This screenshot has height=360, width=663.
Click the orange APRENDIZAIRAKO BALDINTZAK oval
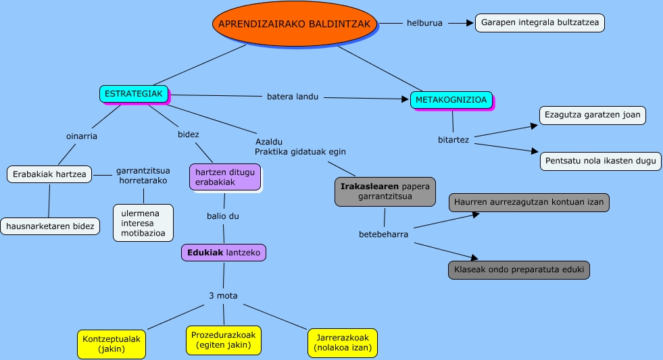coord(294,24)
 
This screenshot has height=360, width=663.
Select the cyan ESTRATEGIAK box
coord(134,94)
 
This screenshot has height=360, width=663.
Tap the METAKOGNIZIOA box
coord(451,100)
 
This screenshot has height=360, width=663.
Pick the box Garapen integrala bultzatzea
coord(539,22)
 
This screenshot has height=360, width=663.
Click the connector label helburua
coord(424,23)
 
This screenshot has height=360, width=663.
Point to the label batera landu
coord(293,97)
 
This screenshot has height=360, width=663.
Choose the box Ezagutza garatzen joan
coord(592,115)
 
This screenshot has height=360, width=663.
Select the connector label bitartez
coord(453,140)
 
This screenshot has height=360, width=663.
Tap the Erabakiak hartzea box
coord(50,174)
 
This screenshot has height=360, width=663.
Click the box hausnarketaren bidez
coord(50,226)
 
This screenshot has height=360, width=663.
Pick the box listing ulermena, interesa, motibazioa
coord(143,222)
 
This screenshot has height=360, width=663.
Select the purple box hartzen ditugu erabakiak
coord(224,177)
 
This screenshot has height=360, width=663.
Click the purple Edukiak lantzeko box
coord(224,253)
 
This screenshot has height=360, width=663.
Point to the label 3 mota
coord(222,295)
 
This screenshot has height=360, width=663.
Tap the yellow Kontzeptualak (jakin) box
coord(112,344)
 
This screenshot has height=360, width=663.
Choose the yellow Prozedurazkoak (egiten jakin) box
coord(223,340)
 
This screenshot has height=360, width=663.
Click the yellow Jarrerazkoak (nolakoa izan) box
coord(342,344)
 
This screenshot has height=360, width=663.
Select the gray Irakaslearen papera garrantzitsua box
coord(385,192)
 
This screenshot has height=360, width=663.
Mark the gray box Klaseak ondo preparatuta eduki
coord(518,270)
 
